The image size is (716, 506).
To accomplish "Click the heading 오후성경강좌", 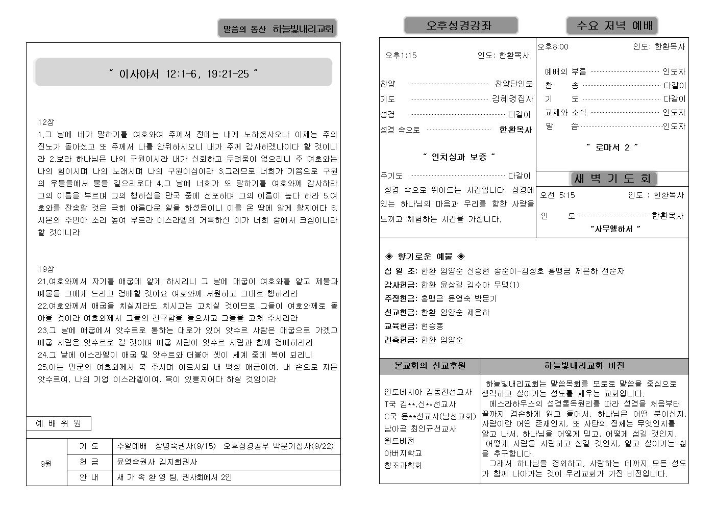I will pos(460,26).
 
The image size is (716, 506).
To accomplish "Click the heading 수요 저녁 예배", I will pos(611,26).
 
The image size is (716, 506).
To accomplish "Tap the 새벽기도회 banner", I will pos(612,179).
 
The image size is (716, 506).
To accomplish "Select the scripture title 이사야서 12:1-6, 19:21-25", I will pos(183,74).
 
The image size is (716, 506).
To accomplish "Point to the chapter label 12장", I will pos(46,122).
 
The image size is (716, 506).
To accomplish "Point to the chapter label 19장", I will pos(46,269).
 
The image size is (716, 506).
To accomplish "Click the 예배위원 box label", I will pos(58,423).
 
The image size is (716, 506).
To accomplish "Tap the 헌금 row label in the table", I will pos(89,462).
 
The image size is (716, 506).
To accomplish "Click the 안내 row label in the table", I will pos(89,477).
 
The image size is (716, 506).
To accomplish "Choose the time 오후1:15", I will pos(401,55).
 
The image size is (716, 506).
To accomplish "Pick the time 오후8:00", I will pos(553,47).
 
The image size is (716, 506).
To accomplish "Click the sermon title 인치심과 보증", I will pos(459,157).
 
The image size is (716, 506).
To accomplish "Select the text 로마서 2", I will pos(612,147).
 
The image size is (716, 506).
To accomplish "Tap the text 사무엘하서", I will pos(614,229).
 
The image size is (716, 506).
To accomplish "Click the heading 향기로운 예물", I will pos(425,256).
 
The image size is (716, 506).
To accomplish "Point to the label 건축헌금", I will pos(401,340).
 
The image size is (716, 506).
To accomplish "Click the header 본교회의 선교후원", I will pos(430,366).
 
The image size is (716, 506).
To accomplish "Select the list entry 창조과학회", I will pos(403,465).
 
